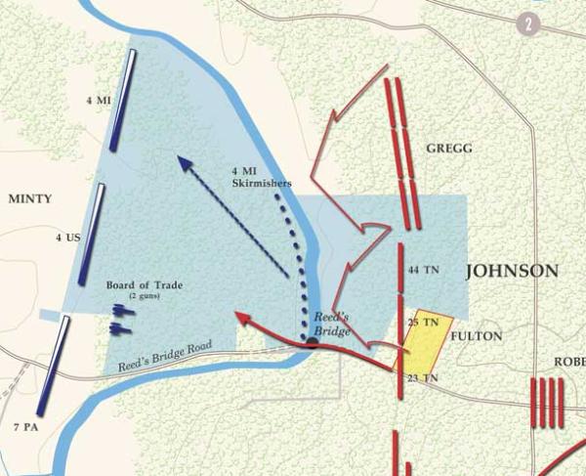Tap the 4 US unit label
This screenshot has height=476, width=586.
click(x=67, y=237)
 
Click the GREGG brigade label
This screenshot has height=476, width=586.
click(x=449, y=148)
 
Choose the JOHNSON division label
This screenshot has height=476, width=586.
click(x=511, y=271)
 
